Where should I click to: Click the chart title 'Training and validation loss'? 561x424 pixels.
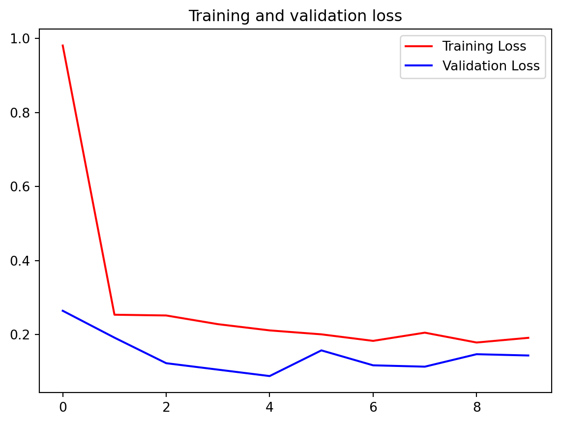(295, 16)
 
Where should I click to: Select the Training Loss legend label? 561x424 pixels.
(484, 47)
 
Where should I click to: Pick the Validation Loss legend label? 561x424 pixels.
(491, 66)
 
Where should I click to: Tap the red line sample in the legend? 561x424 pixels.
(418, 47)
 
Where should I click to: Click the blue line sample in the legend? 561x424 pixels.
(418, 66)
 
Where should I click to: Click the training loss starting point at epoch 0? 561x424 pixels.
(62, 45)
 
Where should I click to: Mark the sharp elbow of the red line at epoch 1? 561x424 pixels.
(114, 314)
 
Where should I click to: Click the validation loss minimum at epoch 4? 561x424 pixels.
(269, 376)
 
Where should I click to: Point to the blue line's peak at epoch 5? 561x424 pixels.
(321, 350)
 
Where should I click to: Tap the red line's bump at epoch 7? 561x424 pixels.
(425, 333)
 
